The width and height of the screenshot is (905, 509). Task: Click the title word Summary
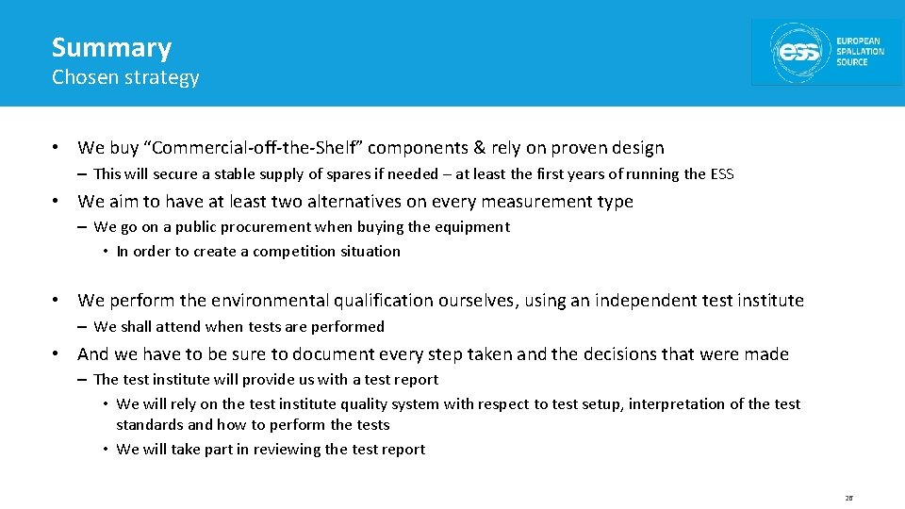click(x=111, y=48)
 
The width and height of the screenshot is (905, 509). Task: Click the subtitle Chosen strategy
click(x=125, y=77)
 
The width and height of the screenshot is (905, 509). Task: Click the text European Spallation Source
click(x=860, y=52)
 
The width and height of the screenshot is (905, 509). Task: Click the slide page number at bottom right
click(x=847, y=498)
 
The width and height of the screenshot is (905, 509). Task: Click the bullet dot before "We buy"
click(x=58, y=148)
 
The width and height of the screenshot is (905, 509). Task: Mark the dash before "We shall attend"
click(x=83, y=327)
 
